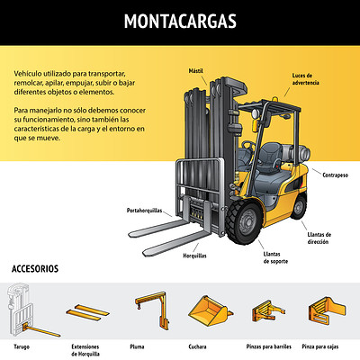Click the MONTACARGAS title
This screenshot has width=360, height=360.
tap(180, 21)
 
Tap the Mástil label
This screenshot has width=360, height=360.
tap(196, 71)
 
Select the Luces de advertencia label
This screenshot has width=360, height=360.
tap(305, 79)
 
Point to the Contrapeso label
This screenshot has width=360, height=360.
tap(336, 175)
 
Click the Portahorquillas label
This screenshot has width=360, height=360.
tap(144, 211)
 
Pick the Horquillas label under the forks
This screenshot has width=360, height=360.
tap(194, 256)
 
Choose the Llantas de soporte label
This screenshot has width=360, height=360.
tap(275, 257)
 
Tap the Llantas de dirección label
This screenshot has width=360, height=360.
tap(319, 238)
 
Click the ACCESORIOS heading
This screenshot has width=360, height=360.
tap(35, 268)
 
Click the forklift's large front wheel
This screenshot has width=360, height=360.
tap(244, 222)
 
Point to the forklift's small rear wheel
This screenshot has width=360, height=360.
tap(299, 208)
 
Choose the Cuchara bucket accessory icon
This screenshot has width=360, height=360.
tap(210, 311)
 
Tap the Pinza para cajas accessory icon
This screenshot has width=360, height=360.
tap(327, 310)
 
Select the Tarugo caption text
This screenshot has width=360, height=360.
tap(22, 346)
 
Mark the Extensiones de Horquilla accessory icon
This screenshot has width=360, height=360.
tap(87, 312)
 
